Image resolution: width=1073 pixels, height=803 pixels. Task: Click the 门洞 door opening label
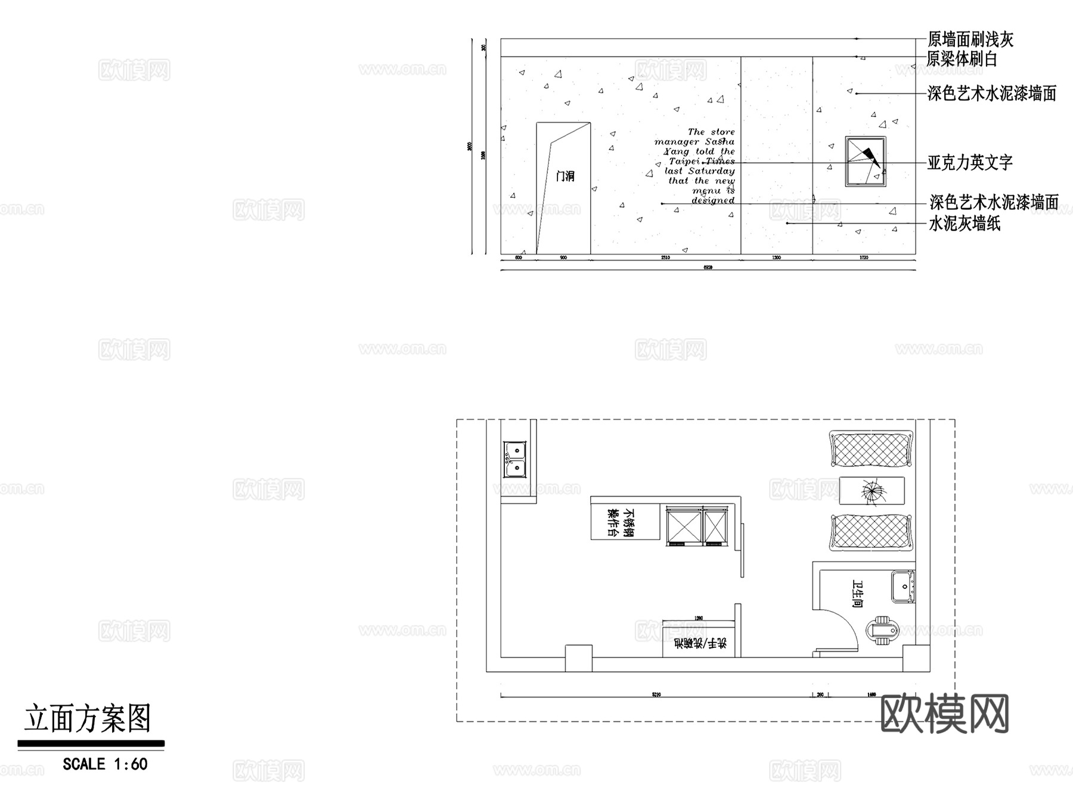(565, 176)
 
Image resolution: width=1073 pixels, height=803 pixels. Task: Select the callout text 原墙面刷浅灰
(970, 40)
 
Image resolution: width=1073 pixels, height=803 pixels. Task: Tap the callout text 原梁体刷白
(962, 59)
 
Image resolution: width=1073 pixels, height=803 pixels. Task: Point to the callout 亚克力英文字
(970, 163)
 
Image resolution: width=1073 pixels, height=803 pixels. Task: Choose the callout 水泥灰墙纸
(965, 224)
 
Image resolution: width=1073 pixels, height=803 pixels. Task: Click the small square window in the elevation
(866, 162)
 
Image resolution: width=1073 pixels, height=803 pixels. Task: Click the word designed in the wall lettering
(713, 200)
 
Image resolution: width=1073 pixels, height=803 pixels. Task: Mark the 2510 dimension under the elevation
(665, 258)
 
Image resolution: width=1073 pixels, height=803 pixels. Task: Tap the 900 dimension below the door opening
(563, 258)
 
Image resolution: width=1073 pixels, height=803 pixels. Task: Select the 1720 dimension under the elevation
(864, 258)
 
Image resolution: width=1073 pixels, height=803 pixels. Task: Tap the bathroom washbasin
(903, 587)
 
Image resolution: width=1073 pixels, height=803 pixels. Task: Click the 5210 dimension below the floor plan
(656, 695)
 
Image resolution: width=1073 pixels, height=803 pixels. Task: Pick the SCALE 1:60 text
(105, 764)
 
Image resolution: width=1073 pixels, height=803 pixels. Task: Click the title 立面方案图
(88, 718)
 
